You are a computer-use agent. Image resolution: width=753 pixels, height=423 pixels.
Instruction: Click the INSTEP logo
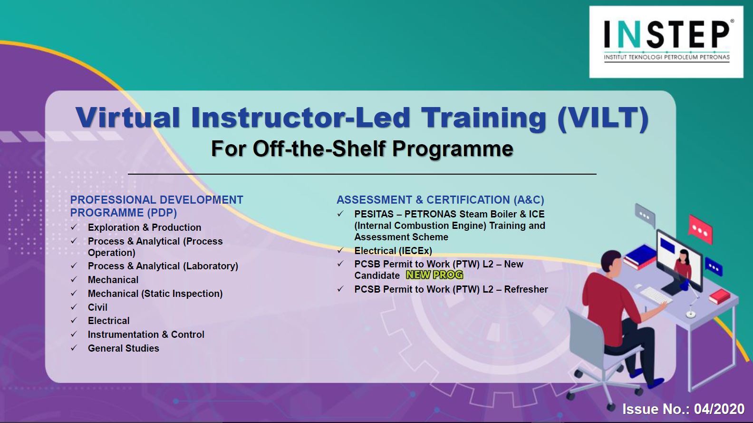click(x=666, y=42)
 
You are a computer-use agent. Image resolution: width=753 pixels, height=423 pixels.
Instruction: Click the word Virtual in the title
click(x=128, y=117)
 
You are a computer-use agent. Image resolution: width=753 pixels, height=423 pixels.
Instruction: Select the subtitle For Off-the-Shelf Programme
click(x=362, y=148)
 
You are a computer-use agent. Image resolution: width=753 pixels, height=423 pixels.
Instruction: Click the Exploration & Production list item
click(x=145, y=227)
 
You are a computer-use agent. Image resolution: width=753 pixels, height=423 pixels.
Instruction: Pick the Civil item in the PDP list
click(x=97, y=307)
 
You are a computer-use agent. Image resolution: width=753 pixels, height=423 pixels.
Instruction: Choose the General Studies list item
click(x=124, y=348)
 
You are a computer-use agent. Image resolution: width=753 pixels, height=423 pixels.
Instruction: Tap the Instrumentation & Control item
click(x=146, y=334)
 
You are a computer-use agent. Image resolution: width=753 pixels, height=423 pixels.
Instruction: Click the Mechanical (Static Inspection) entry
click(x=155, y=294)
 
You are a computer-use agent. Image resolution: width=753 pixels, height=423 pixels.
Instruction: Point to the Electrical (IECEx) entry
click(x=393, y=251)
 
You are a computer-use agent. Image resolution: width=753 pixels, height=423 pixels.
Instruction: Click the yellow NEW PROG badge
click(x=434, y=275)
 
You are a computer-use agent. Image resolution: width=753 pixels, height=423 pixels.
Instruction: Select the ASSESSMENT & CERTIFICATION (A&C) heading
click(x=440, y=200)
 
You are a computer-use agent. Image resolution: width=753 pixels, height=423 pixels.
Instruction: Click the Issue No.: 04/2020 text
click(x=684, y=409)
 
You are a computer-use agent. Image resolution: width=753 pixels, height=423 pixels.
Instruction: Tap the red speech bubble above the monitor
click(x=701, y=229)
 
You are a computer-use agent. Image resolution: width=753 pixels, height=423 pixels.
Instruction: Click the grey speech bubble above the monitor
click(x=645, y=216)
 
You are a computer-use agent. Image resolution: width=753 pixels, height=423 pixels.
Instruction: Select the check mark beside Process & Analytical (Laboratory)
click(x=74, y=266)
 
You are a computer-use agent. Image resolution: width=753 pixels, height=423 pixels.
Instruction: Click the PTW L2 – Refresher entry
click(x=451, y=289)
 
